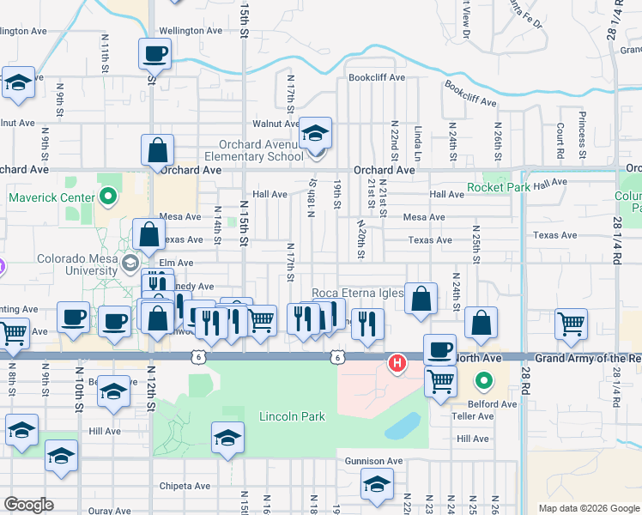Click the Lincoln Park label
coord(292,417)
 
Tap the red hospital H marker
coord(397,364)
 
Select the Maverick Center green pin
coord(107,198)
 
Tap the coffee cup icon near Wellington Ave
coord(154,54)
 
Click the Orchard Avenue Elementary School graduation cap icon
coord(316,134)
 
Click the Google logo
coord(28,505)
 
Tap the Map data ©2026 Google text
coord(588,508)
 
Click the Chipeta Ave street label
coord(185,486)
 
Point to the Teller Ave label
coord(473,416)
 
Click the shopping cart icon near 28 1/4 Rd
coord(570,324)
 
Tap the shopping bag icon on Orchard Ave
coord(158,151)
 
